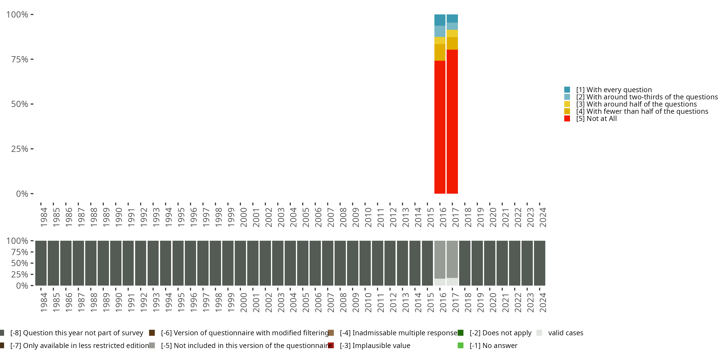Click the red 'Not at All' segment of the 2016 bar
440,127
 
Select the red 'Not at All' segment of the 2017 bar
452,122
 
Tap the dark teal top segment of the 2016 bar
440,20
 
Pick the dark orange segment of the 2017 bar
452,43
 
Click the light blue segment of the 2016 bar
440,31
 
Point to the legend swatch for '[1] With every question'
567,90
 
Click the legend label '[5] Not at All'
596,119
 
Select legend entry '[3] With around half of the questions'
636,104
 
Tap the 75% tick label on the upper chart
20,59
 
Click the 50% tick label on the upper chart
20,104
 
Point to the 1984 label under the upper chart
44,217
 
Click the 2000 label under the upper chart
243,217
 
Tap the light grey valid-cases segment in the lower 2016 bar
440,282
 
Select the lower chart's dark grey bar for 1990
116,263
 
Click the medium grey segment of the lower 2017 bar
452,259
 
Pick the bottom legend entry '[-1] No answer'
493,345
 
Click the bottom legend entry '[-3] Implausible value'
375,345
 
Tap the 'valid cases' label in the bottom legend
565,333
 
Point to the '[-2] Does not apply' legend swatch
461,333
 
